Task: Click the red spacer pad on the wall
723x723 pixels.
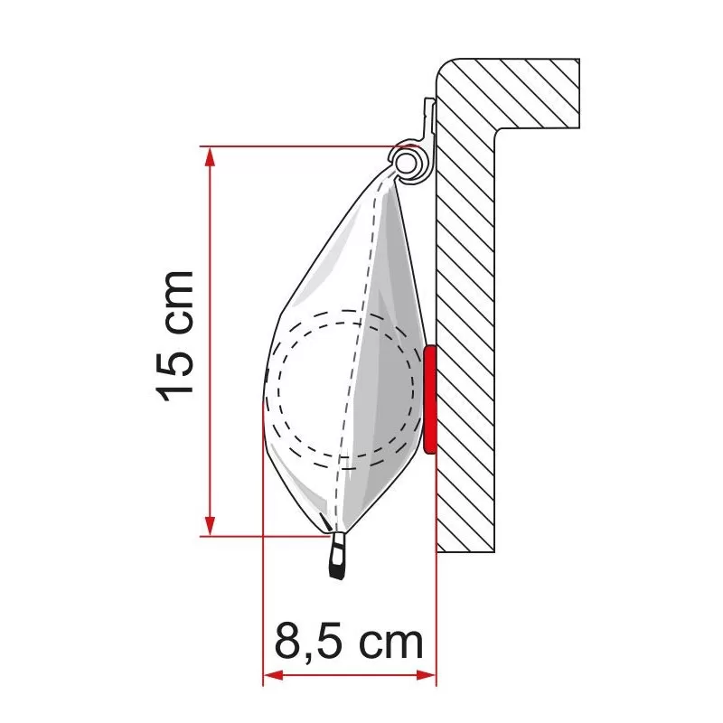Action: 429,398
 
